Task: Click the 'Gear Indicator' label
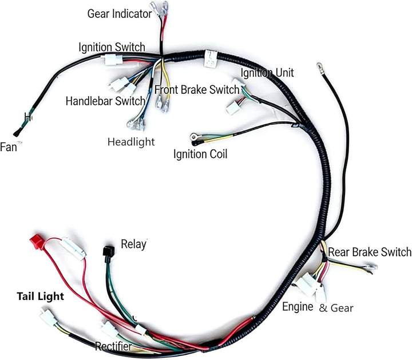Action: coord(118,13)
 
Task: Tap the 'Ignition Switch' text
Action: coord(112,47)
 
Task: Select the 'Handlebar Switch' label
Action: coord(105,101)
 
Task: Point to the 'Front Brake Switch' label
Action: coord(197,90)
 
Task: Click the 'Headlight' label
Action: coord(131,142)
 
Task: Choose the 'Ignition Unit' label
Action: coord(267,73)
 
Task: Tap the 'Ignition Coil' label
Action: coord(200,154)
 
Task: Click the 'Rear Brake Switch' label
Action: coord(369,252)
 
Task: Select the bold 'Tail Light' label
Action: coord(40,297)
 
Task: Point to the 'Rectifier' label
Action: coord(113,346)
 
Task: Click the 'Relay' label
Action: coord(133,244)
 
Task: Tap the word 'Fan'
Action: coord(9,147)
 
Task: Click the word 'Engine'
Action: coord(298,307)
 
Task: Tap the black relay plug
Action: coord(107,251)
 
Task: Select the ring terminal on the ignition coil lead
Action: coord(195,137)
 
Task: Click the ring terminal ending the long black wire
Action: coord(319,69)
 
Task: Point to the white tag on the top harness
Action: coord(210,58)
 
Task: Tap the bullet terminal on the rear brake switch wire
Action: coord(371,267)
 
